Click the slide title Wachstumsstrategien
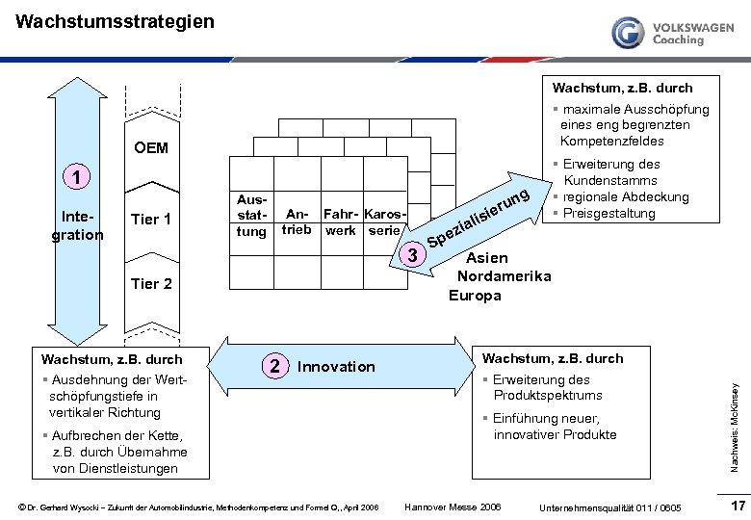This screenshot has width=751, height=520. [116, 20]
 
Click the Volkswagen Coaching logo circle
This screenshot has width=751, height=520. [629, 33]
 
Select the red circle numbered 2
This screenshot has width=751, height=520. [274, 366]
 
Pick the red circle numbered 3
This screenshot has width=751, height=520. [412, 254]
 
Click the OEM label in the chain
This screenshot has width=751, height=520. [151, 147]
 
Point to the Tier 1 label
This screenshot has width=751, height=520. [150, 220]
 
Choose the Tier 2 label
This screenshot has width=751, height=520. [150, 283]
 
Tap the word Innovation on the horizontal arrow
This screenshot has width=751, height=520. [336, 367]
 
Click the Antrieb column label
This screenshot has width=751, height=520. [297, 221]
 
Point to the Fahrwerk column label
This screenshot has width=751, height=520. [340, 221]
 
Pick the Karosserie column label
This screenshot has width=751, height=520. [386, 221]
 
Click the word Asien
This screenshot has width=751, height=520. [487, 258]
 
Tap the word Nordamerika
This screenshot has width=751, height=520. [504, 276]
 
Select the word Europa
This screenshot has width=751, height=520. [475, 295]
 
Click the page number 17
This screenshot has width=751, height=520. [738, 506]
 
